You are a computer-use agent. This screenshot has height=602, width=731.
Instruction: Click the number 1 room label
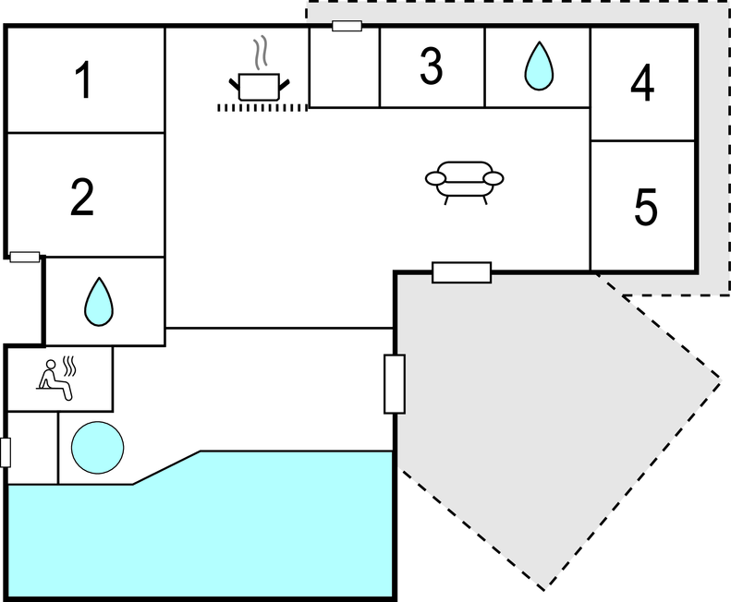(x=84, y=80)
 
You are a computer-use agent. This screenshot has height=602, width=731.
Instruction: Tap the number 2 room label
(x=82, y=197)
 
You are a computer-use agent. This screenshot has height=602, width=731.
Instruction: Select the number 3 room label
(x=431, y=66)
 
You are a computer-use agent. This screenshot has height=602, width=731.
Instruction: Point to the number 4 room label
(x=642, y=83)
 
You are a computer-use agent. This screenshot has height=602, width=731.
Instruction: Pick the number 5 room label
(x=646, y=207)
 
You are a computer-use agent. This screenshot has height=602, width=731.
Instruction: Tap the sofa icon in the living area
(x=464, y=183)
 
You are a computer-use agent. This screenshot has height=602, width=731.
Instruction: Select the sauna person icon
(x=55, y=379)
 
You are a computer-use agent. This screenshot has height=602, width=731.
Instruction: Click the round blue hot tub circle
(x=97, y=447)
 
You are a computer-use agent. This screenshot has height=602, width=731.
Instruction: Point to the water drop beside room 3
(x=539, y=66)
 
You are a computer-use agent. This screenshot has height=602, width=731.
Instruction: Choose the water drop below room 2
(x=99, y=302)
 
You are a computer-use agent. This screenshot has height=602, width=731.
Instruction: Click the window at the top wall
(x=347, y=26)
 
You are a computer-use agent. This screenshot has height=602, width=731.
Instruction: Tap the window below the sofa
(x=461, y=272)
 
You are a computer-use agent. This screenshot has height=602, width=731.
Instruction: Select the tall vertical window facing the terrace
(x=395, y=384)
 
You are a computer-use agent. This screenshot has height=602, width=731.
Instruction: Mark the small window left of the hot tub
(x=6, y=452)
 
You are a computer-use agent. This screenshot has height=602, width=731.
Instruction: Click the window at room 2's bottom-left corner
(x=25, y=257)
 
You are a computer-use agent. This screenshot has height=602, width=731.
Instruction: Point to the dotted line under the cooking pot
(x=262, y=108)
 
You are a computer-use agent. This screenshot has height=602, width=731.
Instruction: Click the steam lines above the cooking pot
(x=261, y=53)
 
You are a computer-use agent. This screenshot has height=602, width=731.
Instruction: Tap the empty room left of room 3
(x=345, y=67)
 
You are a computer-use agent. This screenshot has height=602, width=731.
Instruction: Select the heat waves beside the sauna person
(x=69, y=367)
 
